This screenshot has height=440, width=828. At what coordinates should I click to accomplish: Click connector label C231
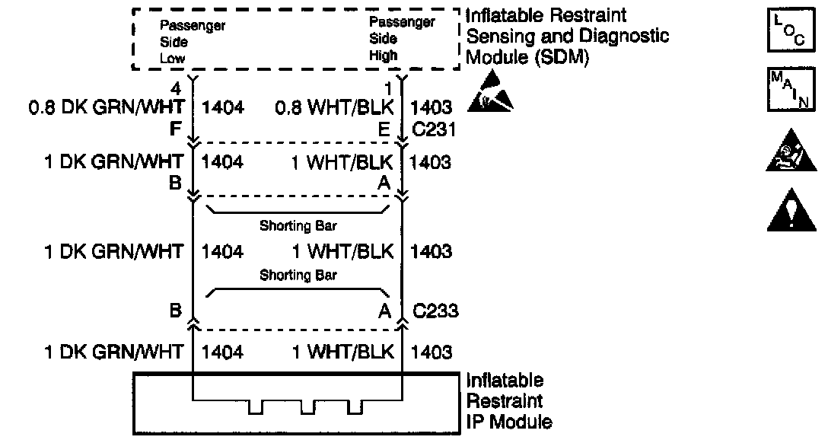(x=434, y=130)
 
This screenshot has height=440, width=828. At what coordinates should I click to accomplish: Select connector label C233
(x=435, y=311)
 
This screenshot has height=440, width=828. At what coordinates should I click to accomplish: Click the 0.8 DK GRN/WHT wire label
(x=106, y=108)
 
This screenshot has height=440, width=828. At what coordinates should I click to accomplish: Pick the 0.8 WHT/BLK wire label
(x=335, y=108)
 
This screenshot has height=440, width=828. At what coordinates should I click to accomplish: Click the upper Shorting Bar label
(x=298, y=226)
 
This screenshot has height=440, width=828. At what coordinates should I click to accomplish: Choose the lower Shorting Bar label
(x=298, y=275)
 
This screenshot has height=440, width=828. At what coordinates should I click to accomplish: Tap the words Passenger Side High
(x=402, y=39)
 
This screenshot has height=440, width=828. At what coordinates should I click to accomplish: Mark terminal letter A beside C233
(x=385, y=311)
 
